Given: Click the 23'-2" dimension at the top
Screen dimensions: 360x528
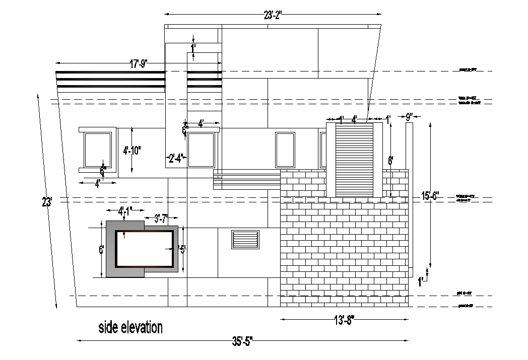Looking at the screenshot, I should tap(273, 15).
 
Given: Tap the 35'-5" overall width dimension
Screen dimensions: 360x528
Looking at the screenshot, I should tap(242, 341).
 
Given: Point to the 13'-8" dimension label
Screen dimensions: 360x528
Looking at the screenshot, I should tap(344, 319).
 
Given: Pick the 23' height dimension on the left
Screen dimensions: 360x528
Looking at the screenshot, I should tap(46, 202).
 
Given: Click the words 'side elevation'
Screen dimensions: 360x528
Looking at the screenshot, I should tap(130, 328).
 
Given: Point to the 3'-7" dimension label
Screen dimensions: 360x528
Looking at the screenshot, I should tap(161, 219).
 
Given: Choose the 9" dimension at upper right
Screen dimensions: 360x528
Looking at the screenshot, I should tap(409, 117).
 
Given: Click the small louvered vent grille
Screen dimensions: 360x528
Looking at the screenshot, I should tap(245, 240).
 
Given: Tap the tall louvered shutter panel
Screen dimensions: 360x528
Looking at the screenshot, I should tap(354, 160).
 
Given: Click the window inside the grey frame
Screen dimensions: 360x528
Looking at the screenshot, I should tap(145, 249).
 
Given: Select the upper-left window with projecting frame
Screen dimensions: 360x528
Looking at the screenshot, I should tap(98, 149).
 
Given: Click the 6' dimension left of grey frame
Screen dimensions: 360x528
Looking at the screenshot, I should tap(101, 249).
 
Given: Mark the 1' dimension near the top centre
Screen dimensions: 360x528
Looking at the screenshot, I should tap(193, 48).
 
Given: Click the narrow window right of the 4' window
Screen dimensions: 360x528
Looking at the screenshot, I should tap(285, 150).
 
